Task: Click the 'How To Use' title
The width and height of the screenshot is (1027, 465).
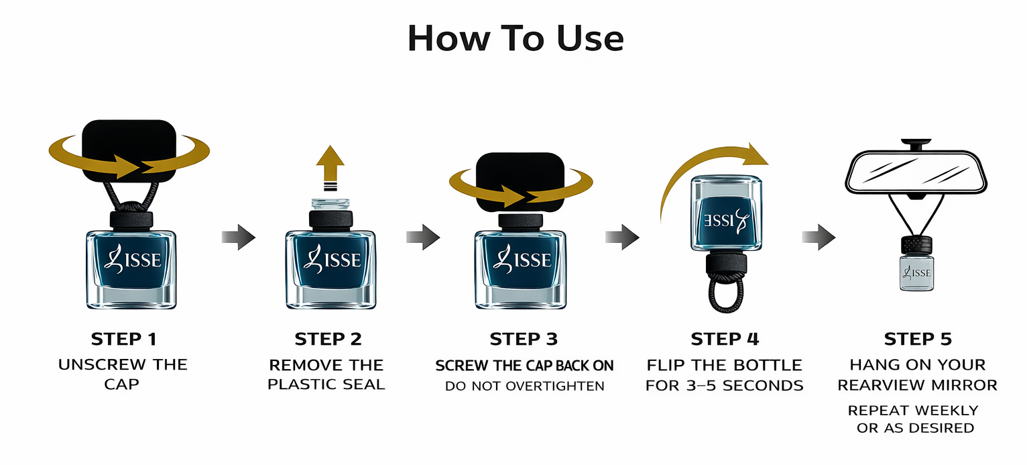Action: coord(516,38)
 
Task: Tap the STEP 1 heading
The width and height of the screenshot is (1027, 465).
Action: coord(124,340)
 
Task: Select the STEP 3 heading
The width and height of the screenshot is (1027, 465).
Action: coord(524,340)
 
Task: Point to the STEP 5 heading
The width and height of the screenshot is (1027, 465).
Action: coord(918,340)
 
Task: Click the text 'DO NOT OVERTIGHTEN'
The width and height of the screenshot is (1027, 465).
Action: coord(524,386)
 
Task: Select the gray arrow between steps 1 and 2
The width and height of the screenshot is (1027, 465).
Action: coord(239,238)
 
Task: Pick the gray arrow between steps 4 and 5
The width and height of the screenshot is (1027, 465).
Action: coord(819,238)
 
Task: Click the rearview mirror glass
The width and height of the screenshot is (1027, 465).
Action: coord(916,173)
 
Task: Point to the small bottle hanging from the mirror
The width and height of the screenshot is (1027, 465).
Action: coord(916,264)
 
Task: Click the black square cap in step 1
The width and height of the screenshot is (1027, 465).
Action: coord(129,150)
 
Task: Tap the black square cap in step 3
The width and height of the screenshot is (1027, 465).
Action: coord(520,181)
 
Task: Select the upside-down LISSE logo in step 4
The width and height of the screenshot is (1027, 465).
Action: coord(726,220)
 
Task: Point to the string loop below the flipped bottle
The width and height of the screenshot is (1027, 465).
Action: coord(726,294)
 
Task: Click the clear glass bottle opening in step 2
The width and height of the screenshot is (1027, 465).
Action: coord(330,204)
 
